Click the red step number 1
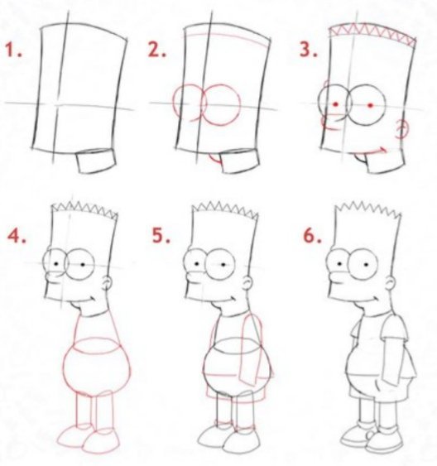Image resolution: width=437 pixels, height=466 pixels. point(13,50)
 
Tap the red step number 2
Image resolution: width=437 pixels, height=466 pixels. point(157,50)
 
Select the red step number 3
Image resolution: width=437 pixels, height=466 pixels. point(309,50)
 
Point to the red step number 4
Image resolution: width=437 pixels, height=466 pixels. point(17,236)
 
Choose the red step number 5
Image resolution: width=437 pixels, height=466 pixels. point(161,236)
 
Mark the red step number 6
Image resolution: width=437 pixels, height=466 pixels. point(312,236)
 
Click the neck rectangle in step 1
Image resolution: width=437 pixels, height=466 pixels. point(97,161)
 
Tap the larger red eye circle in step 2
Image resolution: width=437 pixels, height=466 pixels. point(221,105)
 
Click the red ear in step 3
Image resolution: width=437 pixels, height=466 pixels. point(402,129)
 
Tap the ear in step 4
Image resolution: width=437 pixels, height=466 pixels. point(108,283)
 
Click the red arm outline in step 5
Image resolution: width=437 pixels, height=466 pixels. point(251,351)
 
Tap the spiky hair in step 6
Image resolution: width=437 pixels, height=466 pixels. point(368,208)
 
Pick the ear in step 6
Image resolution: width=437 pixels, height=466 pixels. point(391,284)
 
